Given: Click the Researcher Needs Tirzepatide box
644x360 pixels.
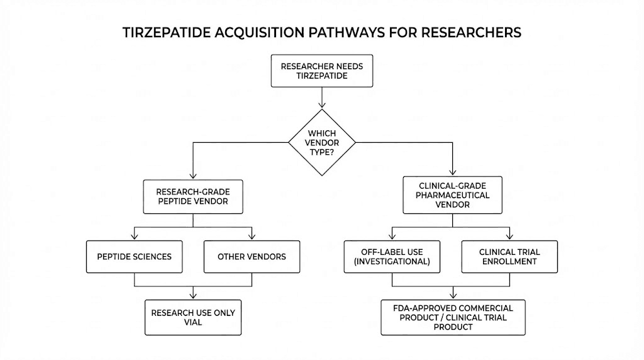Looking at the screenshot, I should (321, 70).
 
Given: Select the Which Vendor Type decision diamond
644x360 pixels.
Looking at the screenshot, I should (321, 142).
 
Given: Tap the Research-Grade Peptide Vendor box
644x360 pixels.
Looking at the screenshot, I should (192, 197).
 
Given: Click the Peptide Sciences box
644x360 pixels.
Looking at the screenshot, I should (133, 256).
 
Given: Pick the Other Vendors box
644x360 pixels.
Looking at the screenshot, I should (252, 256).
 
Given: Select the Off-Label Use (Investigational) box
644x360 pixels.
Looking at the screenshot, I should (392, 256).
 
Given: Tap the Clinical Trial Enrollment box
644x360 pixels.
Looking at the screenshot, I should (509, 256).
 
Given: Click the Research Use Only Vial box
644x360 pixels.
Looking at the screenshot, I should (192, 317).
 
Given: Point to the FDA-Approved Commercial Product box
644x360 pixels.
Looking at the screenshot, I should (453, 317).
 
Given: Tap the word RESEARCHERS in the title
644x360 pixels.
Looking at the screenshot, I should (474, 33).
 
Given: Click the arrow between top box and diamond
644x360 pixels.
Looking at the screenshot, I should (321, 98).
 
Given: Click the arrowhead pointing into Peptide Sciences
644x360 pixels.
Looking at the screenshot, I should (133, 237).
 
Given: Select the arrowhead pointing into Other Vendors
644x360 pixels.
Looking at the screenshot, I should (252, 237).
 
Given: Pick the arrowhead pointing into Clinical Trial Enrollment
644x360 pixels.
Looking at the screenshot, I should (509, 237).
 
